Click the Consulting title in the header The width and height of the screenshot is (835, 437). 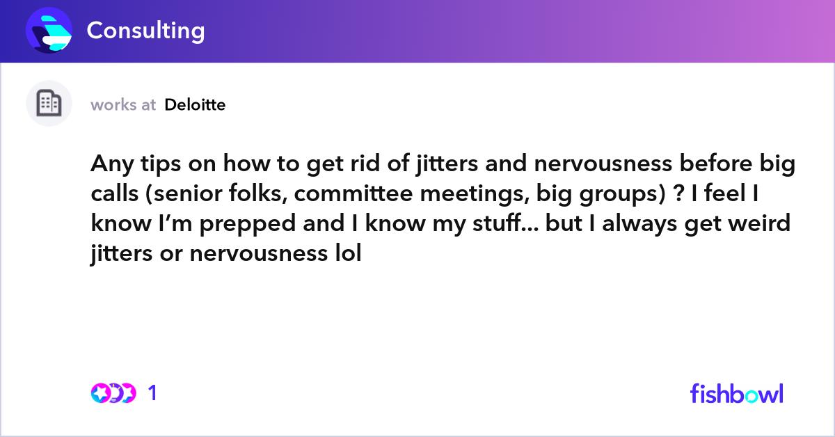tap(145, 31)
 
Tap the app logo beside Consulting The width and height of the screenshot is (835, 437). tap(49, 31)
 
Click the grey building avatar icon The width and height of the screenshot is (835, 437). tap(49, 104)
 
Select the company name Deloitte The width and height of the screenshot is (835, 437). tap(195, 105)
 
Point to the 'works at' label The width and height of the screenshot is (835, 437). tap(123, 105)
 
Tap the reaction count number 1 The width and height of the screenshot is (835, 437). tap(152, 394)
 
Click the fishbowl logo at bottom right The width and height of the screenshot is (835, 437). tap(737, 393)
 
